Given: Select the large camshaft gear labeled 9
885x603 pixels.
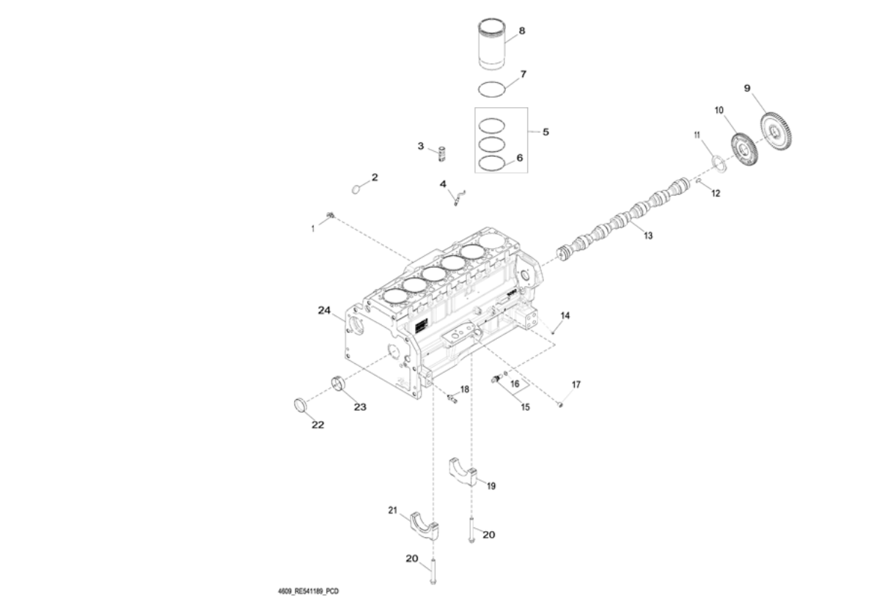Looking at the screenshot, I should click(775, 132).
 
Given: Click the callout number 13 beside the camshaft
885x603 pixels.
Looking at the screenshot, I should click(647, 237).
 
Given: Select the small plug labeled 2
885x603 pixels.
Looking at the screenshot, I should click(357, 189).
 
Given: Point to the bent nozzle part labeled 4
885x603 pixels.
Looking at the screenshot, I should click(458, 197).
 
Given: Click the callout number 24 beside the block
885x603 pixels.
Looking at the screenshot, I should click(325, 310).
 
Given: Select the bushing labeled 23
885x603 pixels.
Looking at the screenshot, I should click(338, 383).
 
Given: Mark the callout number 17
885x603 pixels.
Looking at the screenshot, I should click(576, 384).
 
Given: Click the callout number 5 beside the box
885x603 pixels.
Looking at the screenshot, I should click(546, 132).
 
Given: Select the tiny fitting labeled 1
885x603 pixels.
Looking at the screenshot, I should click(331, 215).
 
